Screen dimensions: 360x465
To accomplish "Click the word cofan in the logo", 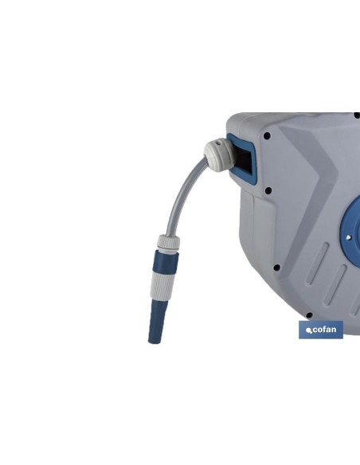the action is pyautogui.click(x=324, y=330).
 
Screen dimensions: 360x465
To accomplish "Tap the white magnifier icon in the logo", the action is pyautogui.click(x=309, y=330).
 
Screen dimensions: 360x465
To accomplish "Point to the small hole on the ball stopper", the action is pyautogui.click(x=218, y=143).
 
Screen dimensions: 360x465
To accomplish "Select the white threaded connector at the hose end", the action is pyautogui.click(x=168, y=243).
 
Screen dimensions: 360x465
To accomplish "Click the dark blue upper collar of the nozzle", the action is pyautogui.click(x=166, y=261).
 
